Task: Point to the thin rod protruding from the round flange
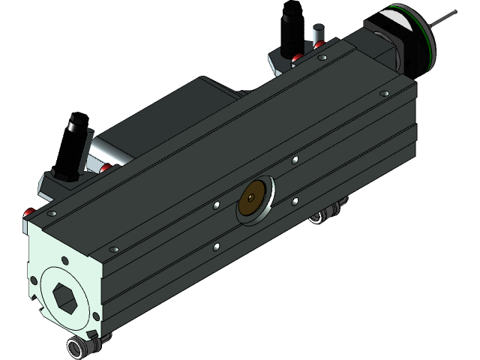coord(448,16)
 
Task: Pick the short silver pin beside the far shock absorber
coord(318,36)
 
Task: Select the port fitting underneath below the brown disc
coord(324,217)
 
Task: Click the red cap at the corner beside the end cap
coord(28,213)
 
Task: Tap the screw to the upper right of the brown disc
coord(295,159)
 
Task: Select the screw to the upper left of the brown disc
coord(216,204)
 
